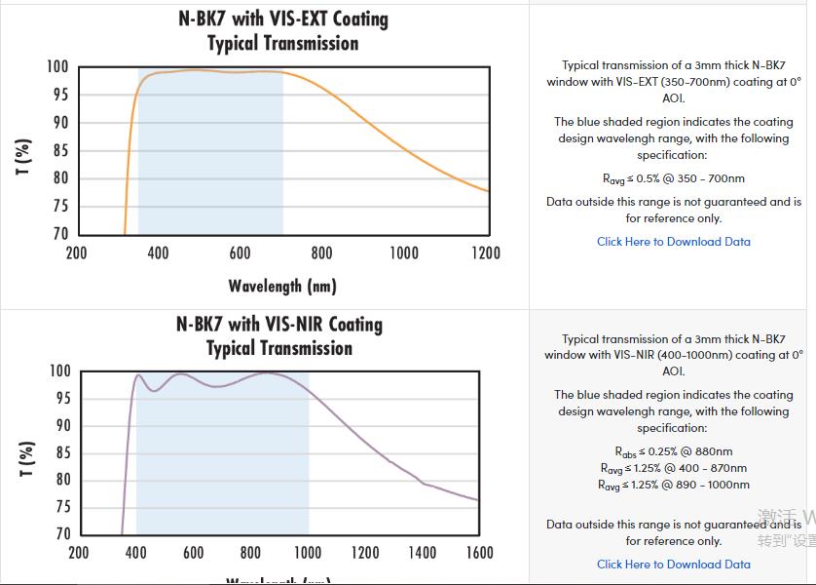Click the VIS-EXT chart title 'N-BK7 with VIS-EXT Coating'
click(283, 19)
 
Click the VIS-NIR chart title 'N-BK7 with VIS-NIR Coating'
click(279, 324)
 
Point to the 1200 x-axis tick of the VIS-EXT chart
click(486, 253)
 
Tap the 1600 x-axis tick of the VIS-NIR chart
click(479, 553)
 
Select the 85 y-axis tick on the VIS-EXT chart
click(60, 150)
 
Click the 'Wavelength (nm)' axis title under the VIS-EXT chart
click(282, 286)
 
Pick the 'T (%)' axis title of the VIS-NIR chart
click(27, 458)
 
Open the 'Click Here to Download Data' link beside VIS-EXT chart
click(674, 242)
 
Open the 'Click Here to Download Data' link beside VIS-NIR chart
click(674, 564)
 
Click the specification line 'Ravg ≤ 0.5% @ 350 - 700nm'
click(674, 178)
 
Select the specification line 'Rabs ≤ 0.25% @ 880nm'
click(674, 451)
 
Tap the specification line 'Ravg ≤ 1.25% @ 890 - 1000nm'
click(674, 485)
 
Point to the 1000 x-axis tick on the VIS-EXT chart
click(404, 253)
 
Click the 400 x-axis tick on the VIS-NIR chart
click(136, 553)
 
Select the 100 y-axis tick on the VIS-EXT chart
click(57, 67)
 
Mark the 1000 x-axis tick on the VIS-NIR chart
click(308, 553)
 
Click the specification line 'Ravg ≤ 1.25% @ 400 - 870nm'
click(674, 468)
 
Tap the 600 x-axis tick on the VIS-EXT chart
click(240, 253)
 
